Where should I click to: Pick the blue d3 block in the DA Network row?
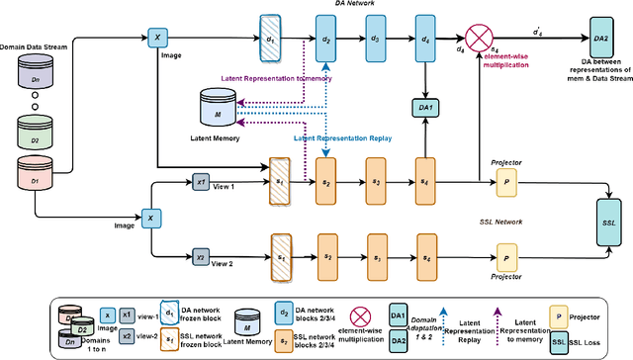point(374,39)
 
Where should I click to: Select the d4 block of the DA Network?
point(426,39)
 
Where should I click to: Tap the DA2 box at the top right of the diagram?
point(600,38)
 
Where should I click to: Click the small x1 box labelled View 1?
point(200,180)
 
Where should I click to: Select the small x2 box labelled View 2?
point(200,258)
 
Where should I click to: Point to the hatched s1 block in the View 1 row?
point(278,180)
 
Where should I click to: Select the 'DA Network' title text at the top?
point(354,6)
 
